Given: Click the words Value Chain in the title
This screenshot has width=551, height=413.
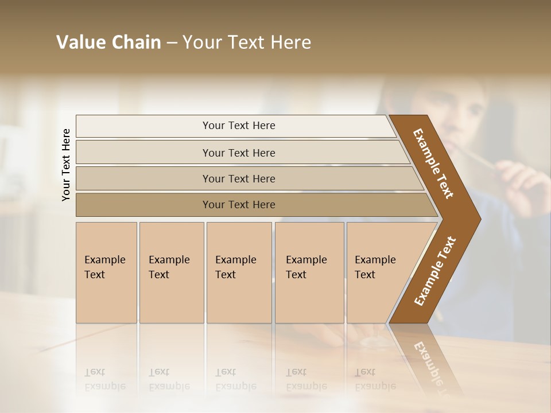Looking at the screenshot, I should (108, 42).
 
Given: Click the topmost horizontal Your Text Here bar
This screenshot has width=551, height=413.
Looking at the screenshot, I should (238, 126).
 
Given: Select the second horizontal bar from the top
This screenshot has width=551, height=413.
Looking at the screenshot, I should (238, 153).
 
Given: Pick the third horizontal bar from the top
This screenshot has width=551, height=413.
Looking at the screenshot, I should (238, 178).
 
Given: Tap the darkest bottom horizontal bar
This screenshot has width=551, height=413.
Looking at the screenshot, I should (238, 205).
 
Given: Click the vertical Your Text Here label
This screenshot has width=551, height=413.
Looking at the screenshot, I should (66, 165).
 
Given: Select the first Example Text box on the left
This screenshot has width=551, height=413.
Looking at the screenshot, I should (106, 272).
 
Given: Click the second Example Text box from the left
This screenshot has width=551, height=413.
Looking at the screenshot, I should (171, 272).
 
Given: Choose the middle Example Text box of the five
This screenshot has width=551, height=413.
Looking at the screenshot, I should (239, 272).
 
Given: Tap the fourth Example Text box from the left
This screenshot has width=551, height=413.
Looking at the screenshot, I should (309, 272).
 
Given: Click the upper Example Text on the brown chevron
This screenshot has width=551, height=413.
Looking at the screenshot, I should (433, 163).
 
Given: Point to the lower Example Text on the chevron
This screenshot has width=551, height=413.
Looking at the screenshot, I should (434, 271).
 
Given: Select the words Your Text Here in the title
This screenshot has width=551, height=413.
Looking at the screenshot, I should (247, 42).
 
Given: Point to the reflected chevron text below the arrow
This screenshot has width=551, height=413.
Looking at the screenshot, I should (430, 361).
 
